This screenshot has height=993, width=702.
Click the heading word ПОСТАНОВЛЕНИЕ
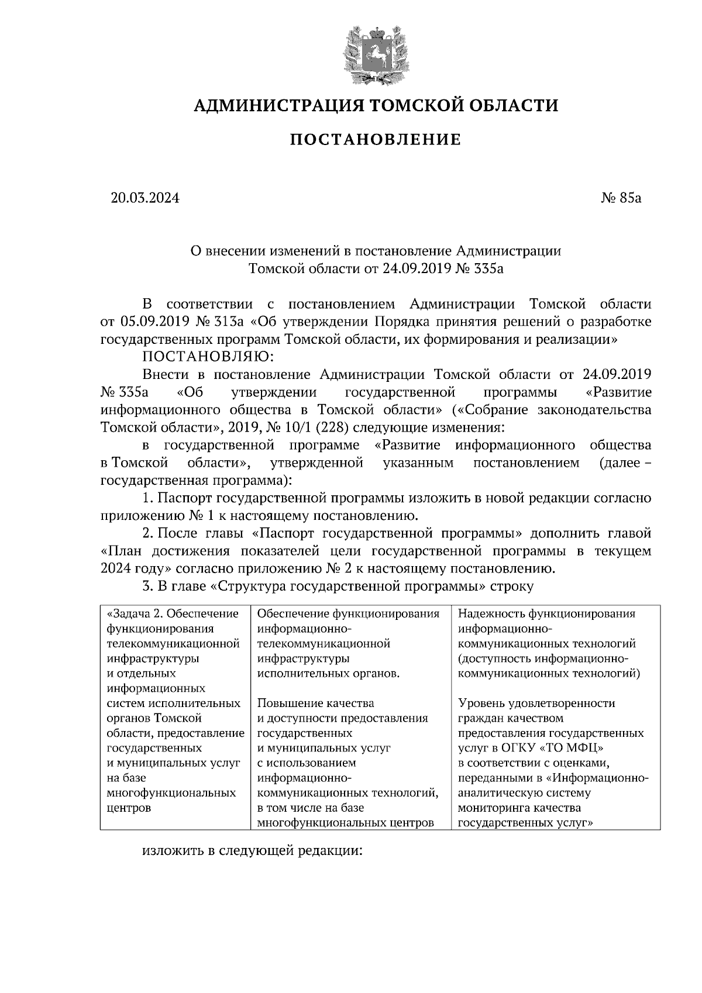(376, 140)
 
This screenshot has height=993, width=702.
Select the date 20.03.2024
(145, 198)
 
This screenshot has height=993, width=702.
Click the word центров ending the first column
(129, 808)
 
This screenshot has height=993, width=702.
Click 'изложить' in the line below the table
(173, 850)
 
